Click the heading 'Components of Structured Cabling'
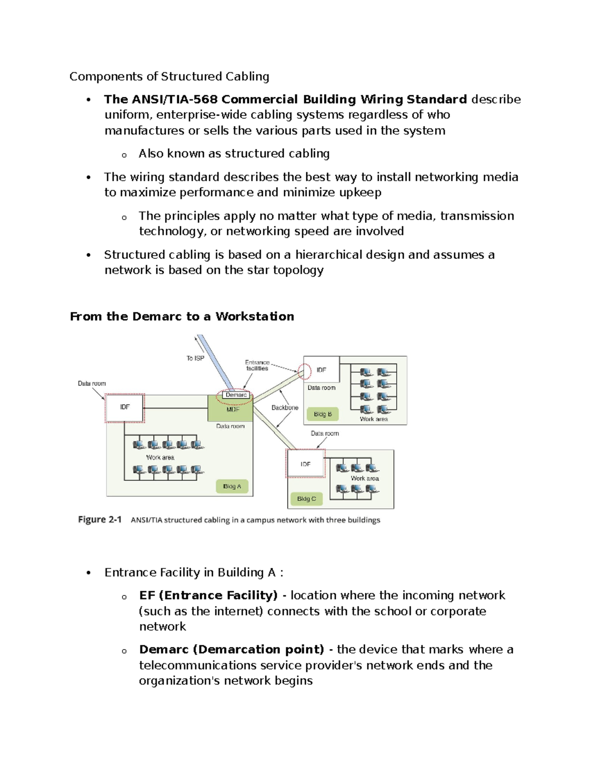[x=169, y=77]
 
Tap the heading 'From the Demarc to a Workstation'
[x=182, y=316]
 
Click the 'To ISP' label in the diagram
[x=195, y=358]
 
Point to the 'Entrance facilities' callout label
[x=257, y=365]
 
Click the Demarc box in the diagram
[x=236, y=395]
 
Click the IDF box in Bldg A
[x=125, y=407]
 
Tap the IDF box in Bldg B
[x=322, y=369]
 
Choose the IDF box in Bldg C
[x=305, y=464]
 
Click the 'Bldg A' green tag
[x=232, y=486]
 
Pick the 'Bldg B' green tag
[x=323, y=414]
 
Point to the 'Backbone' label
[x=285, y=407]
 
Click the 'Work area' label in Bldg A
[x=160, y=457]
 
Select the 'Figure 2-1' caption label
[x=100, y=519]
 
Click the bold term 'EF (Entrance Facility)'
[x=208, y=595]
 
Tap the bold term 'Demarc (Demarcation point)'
[x=232, y=650]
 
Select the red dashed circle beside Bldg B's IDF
[x=305, y=371]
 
